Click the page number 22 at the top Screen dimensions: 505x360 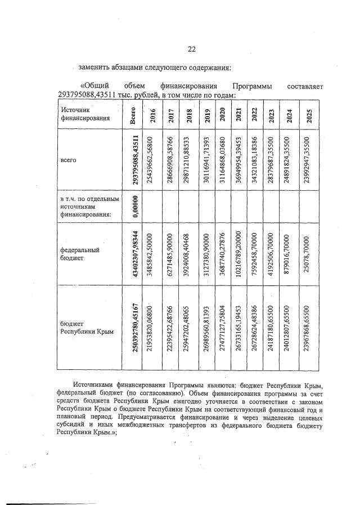tap(191, 49)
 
